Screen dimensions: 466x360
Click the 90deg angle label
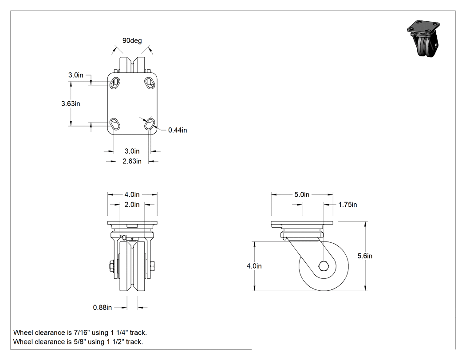point(132,40)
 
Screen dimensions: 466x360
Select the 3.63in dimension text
point(71,103)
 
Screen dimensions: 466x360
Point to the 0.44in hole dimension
point(178,130)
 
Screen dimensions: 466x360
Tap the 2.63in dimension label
point(132,161)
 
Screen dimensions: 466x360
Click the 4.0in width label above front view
point(132,194)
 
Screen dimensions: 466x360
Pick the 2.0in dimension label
point(132,205)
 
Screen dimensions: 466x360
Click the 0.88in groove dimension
point(102,307)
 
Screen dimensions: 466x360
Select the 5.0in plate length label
point(302,194)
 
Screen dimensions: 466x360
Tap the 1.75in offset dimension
point(348,205)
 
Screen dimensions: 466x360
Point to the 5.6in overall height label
point(365,256)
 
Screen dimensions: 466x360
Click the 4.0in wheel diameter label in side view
point(254,266)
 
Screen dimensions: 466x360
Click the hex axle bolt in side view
point(324,266)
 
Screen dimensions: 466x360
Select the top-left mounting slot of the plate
point(115,83)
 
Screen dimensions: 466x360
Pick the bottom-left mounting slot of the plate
point(115,124)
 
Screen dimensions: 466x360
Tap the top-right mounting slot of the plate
point(149,83)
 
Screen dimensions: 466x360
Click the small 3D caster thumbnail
point(423,39)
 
